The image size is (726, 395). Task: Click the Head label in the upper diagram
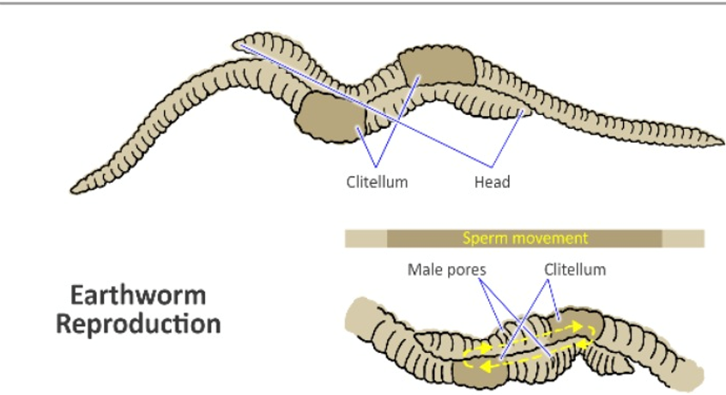(492, 182)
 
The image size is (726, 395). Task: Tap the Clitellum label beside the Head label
(377, 182)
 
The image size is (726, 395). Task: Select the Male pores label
(446, 270)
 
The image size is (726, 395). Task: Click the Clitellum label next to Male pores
(575, 270)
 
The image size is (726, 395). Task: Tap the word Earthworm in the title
(138, 295)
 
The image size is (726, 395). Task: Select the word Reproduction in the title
(138, 325)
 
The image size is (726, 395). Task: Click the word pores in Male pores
(468, 270)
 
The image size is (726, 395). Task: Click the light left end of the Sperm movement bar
(366, 238)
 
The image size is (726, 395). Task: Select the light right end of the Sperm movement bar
(683, 238)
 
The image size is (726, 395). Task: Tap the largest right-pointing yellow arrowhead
(590, 328)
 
